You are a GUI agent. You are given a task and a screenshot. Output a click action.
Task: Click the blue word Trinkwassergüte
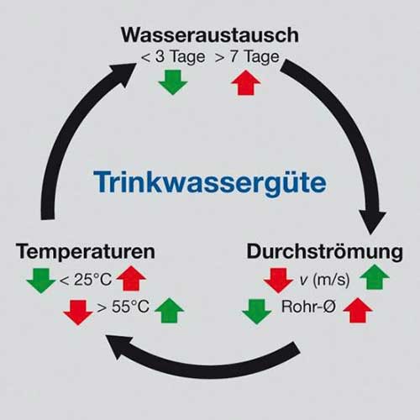[x=210, y=182]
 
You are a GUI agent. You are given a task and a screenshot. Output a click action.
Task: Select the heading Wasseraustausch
[x=210, y=35]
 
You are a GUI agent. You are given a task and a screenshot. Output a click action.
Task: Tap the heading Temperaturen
[x=86, y=251]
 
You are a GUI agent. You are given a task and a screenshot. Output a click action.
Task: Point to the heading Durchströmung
[x=324, y=251]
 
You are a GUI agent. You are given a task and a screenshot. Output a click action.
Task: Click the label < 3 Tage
[x=173, y=57]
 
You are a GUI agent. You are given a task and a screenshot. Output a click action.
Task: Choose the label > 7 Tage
[x=247, y=57]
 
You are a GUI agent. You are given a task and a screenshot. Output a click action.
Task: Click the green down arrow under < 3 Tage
[x=173, y=82]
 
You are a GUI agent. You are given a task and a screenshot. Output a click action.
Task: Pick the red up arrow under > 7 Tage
[x=246, y=82]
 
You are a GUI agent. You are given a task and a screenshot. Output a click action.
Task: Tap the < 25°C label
[x=86, y=280]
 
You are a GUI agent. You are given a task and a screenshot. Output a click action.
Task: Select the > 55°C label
[x=123, y=307]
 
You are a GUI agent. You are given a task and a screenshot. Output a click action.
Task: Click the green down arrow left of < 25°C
[x=41, y=281]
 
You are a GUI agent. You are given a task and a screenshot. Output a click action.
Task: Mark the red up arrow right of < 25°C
[x=131, y=278]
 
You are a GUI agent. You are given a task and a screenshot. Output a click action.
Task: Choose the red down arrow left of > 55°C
[x=78, y=312]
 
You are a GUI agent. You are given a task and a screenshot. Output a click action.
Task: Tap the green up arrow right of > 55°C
[x=169, y=310]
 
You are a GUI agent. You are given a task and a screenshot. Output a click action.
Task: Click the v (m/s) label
[x=324, y=280]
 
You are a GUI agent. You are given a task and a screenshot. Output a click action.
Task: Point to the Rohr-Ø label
[x=308, y=307]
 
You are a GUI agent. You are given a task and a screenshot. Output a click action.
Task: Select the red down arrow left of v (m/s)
[x=278, y=281]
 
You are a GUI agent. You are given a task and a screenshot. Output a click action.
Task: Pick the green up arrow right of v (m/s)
[x=375, y=276]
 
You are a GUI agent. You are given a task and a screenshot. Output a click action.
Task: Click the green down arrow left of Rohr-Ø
[x=257, y=312]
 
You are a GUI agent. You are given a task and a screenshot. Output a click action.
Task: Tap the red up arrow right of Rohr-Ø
[x=358, y=310]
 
